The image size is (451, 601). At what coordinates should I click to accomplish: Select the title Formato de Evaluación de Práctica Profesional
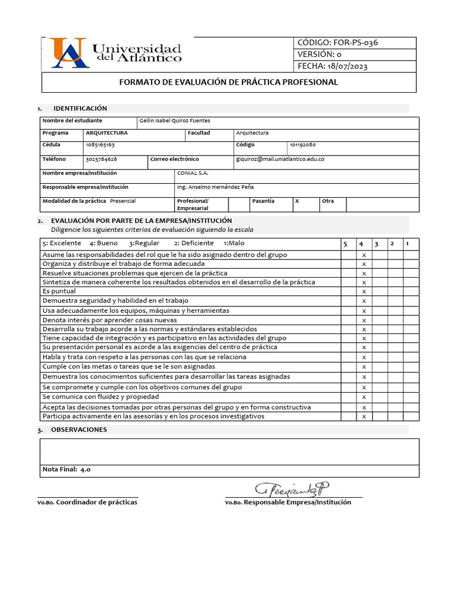pyautogui.click(x=228, y=82)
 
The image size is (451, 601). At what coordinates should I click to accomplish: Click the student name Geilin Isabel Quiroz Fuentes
pyautogui.click(x=174, y=121)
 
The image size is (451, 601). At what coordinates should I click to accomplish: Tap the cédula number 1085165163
pyautogui.click(x=100, y=144)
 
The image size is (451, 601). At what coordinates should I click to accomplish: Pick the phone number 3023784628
pyautogui.click(x=101, y=159)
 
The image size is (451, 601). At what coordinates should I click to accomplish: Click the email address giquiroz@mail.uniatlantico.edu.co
pyautogui.click(x=280, y=159)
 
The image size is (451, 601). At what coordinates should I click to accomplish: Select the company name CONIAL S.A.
pyautogui.click(x=193, y=173)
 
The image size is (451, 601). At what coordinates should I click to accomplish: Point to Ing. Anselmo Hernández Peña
pyautogui.click(x=215, y=187)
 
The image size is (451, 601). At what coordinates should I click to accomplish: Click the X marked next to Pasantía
pyautogui.click(x=297, y=201)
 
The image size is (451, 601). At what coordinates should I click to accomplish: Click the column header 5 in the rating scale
pyautogui.click(x=345, y=244)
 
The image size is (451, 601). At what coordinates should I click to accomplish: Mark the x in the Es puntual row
pyautogui.click(x=364, y=292)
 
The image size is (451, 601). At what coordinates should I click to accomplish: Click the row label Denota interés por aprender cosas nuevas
pyautogui.click(x=110, y=320)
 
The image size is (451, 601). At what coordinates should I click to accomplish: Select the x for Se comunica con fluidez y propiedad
pyautogui.click(x=364, y=397)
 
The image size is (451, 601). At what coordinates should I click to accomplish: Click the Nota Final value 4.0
pyautogui.click(x=85, y=470)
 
